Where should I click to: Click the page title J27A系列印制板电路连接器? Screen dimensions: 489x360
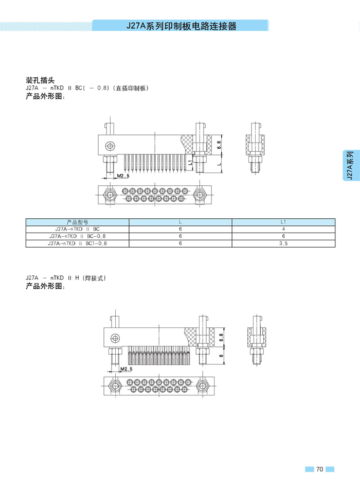pos(182,26)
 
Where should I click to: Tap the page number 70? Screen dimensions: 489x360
pos(319,469)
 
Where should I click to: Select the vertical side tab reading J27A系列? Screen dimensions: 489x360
pos(349,165)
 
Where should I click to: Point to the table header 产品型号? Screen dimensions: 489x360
pos(78,222)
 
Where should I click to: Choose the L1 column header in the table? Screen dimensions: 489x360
pos(283,222)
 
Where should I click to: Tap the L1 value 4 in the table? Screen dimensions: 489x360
pos(283,229)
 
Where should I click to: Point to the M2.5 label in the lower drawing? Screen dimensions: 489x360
pos(127,369)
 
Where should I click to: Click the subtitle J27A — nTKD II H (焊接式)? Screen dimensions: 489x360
pos(65,278)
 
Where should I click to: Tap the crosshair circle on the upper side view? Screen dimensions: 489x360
pos(109,145)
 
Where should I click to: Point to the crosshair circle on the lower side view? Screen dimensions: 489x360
pos(115,338)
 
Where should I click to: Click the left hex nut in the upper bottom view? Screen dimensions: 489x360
pos(109,195)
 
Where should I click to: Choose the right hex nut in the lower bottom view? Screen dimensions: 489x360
pos(202,386)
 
